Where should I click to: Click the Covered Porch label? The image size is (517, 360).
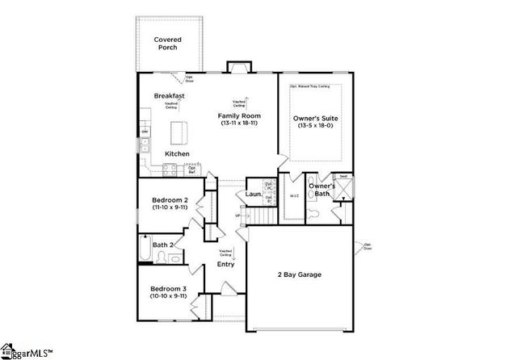(168, 44)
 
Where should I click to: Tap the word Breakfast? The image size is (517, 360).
(170, 96)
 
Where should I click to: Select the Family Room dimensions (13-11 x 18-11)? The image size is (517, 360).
(237, 124)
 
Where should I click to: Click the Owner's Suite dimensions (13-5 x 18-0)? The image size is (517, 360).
(315, 126)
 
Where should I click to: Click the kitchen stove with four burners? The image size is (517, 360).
(170, 169)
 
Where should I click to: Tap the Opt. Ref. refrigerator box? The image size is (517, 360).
(192, 170)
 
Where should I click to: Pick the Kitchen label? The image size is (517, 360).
(177, 153)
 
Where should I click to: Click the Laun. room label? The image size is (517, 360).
(252, 195)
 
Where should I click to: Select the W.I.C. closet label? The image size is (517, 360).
(294, 196)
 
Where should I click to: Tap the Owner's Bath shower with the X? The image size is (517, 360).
(343, 187)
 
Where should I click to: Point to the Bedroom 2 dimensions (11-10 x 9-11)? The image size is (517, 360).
(170, 208)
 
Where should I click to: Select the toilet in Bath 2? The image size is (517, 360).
(162, 257)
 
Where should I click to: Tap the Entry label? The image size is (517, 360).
(225, 264)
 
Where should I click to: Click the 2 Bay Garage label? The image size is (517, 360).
(299, 274)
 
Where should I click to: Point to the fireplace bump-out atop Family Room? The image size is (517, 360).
(237, 68)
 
